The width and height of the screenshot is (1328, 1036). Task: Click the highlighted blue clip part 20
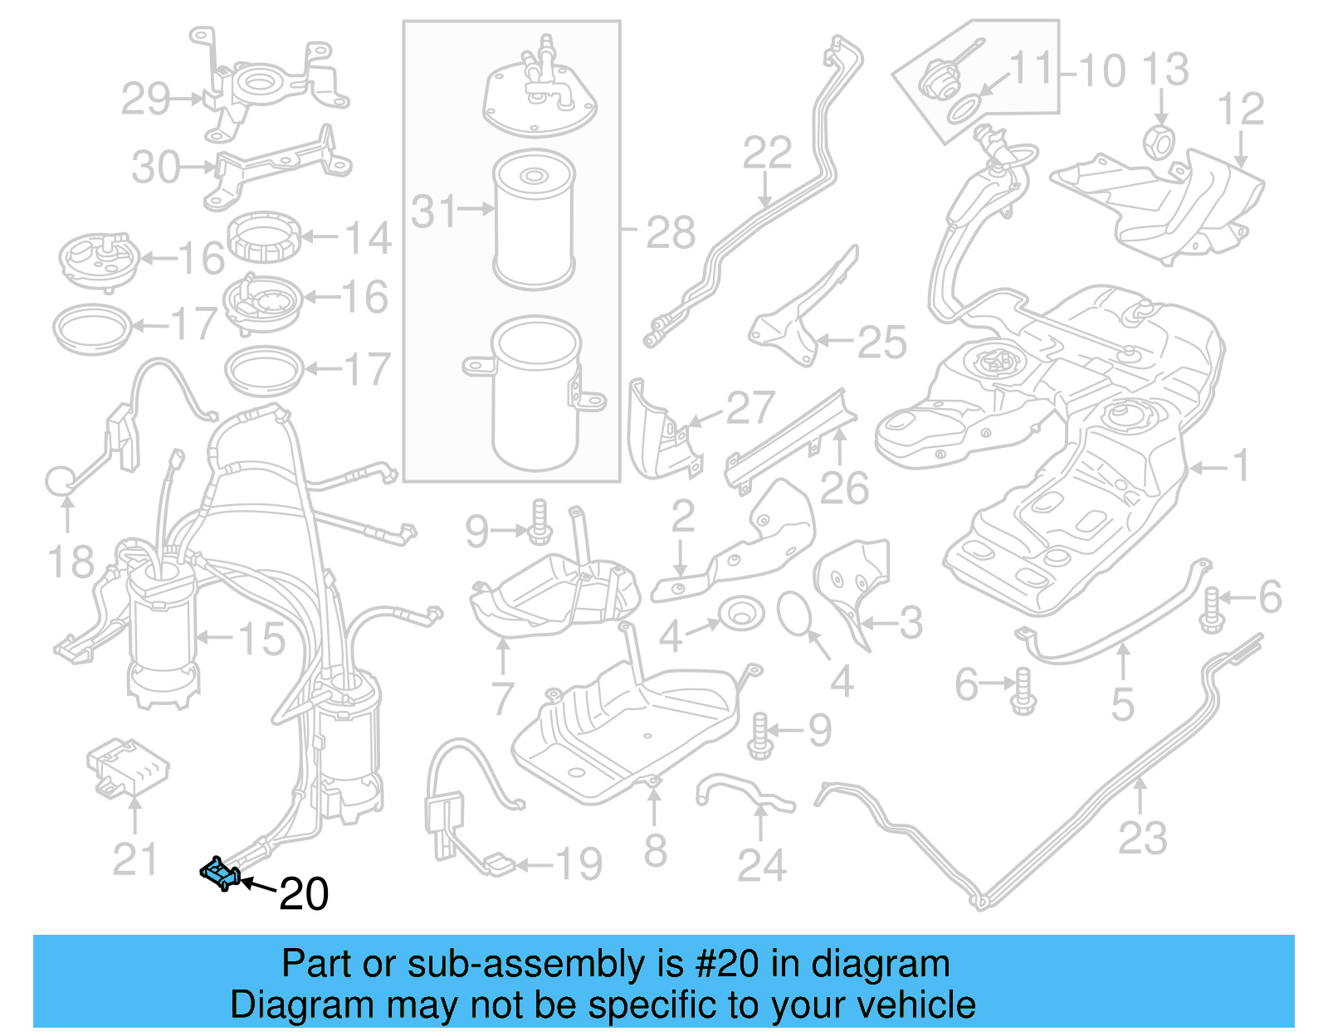click(x=221, y=873)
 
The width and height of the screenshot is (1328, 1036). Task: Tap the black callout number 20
click(x=304, y=894)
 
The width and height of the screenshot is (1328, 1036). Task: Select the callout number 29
click(x=146, y=100)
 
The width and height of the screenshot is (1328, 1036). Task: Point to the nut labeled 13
click(x=1160, y=142)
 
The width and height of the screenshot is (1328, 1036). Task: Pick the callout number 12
click(x=1240, y=109)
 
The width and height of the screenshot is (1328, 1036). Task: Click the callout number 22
click(x=767, y=153)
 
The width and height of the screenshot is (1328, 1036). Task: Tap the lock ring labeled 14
click(x=263, y=236)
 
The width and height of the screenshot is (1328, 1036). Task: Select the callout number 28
click(x=671, y=233)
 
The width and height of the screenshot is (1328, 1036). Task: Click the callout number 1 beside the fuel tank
click(x=1241, y=466)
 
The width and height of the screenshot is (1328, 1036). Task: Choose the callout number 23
click(x=1143, y=838)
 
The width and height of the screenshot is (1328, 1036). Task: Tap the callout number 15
click(x=261, y=639)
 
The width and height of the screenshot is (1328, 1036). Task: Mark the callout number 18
click(x=71, y=562)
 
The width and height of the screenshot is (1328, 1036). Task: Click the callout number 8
click(x=656, y=850)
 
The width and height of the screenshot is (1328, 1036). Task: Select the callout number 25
click(x=881, y=342)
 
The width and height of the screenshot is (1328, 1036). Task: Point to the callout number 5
click(x=1122, y=705)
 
